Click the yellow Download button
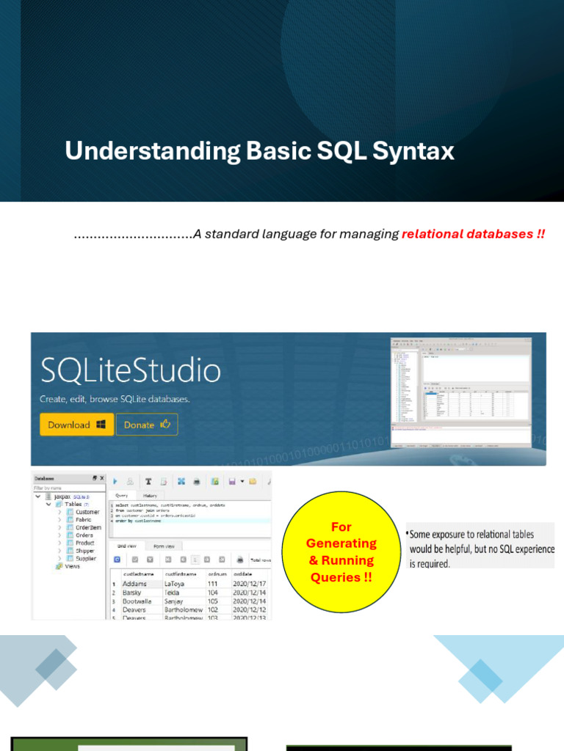[x=76, y=425]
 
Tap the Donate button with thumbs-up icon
[x=147, y=425]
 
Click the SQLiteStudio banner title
[x=130, y=371]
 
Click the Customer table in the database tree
[x=87, y=512]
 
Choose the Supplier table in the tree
[x=85, y=558]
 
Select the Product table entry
[x=84, y=543]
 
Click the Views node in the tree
[x=72, y=566]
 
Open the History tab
[x=150, y=496]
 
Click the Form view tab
[x=163, y=546]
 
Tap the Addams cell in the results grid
[x=134, y=584]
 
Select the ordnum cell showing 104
[x=213, y=592]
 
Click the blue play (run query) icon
[x=115, y=481]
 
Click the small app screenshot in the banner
[x=460, y=392]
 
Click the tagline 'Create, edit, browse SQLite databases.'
[x=115, y=400]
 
